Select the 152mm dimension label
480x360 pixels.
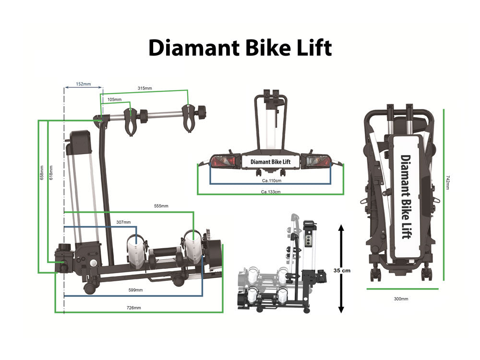coord(84,84)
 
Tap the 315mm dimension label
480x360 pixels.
coord(144,88)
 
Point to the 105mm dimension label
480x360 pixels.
coord(115,99)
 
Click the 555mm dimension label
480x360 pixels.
coord(161,206)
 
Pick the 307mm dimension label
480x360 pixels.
coord(123,222)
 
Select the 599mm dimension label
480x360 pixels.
coord(136,290)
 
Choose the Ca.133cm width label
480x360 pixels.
coord(271,192)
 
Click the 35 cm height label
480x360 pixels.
coord(342,271)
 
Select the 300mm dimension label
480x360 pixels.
coord(401,299)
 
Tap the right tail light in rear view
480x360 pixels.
coord(316,161)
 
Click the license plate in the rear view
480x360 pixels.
coord(270,162)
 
